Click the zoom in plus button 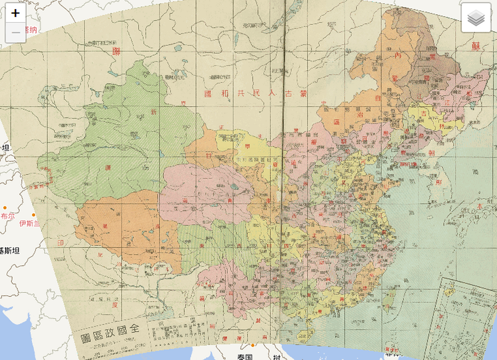pyautogui.click(x=15, y=13)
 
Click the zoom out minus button pyautogui.click(x=15, y=33)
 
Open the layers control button pyautogui.click(x=476, y=17)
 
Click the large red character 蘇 pyautogui.click(x=476, y=46)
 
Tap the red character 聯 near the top pyautogui.click(x=116, y=51)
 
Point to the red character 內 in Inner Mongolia pyautogui.click(x=398, y=55)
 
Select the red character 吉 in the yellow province pyautogui.click(x=424, y=113)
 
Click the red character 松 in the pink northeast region pyautogui.click(x=469, y=93)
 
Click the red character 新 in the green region pyautogui.click(x=154, y=112)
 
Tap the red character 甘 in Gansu pyautogui.click(x=208, y=155)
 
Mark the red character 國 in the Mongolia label pyautogui.click(x=208, y=94)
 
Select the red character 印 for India pyautogui.click(x=60, y=243)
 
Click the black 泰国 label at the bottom pyautogui.click(x=245, y=357)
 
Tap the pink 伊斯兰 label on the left pyautogui.click(x=30, y=224)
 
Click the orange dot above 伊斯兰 pyautogui.click(x=33, y=215)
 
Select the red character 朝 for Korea pyautogui.click(x=431, y=153)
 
